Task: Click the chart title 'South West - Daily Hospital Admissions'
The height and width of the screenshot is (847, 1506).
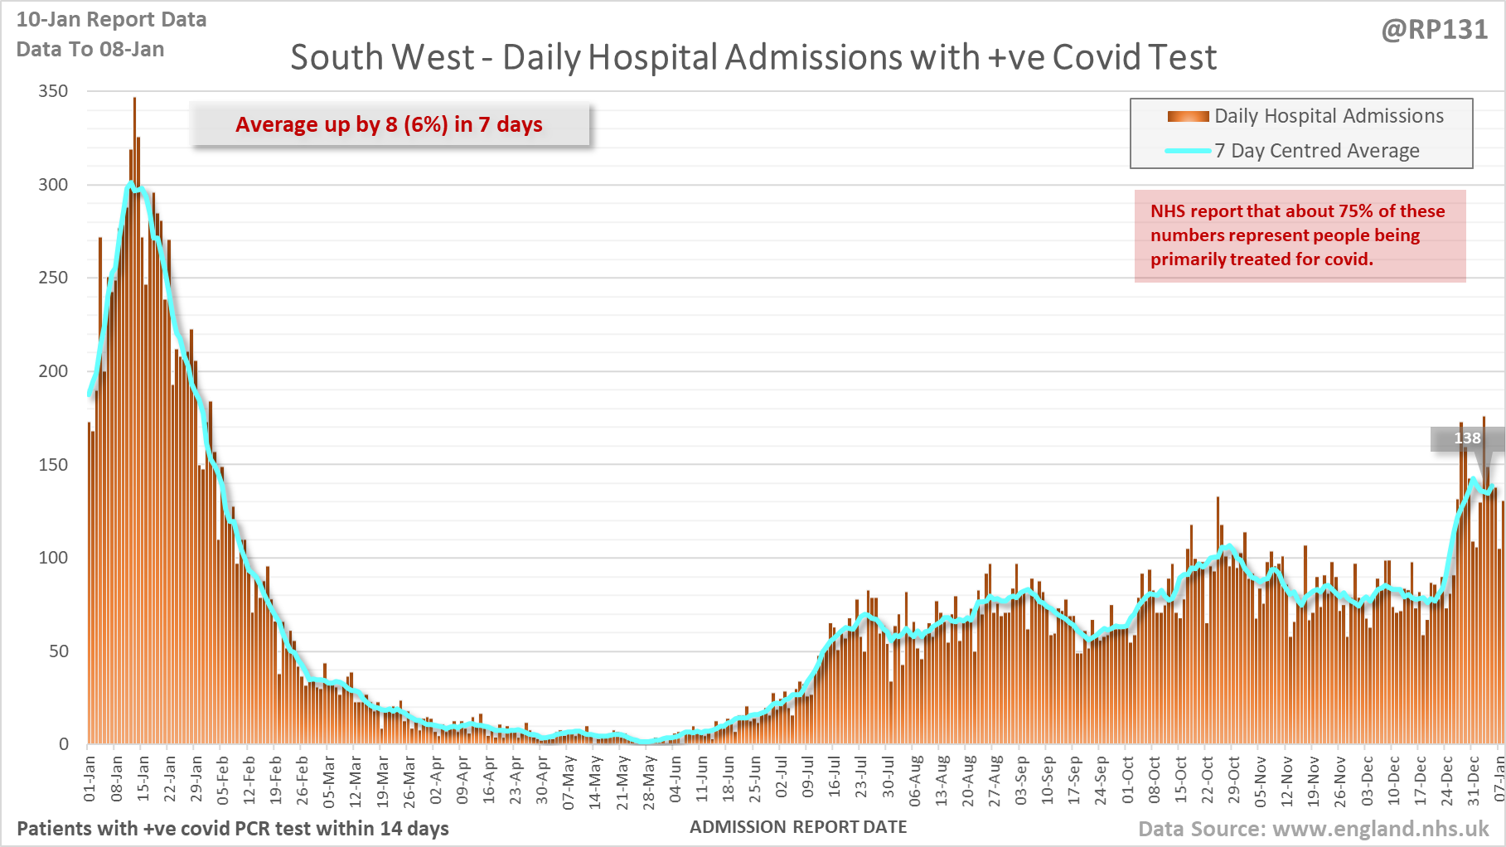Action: [x=753, y=58]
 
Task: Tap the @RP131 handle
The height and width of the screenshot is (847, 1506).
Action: [x=1434, y=30]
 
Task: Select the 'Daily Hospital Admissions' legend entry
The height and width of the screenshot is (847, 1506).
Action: [x=1328, y=116]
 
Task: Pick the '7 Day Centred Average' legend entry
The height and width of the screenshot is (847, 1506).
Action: [x=1316, y=151]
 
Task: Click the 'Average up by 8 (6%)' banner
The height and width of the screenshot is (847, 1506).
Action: [x=390, y=124]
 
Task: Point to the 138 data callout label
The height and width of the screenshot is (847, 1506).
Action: [x=1466, y=438]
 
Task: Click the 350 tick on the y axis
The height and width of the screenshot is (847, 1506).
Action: [x=53, y=91]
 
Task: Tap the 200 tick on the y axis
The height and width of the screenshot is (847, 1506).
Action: [x=53, y=371]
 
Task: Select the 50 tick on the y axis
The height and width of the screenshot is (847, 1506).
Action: [x=58, y=651]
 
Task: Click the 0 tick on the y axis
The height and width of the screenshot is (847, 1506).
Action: [x=64, y=744]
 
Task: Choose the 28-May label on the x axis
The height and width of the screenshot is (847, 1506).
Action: [x=649, y=782]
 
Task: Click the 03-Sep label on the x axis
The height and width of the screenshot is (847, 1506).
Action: [x=1021, y=781]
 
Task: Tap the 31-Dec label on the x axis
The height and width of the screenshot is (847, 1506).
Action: [x=1474, y=781]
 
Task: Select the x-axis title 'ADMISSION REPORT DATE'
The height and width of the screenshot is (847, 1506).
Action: [x=798, y=827]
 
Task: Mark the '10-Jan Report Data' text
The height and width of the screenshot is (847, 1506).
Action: [x=112, y=20]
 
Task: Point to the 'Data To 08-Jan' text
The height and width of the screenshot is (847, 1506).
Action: [x=90, y=50]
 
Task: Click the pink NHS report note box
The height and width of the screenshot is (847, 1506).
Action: [x=1299, y=236]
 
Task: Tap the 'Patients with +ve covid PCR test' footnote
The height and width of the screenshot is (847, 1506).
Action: [x=233, y=829]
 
